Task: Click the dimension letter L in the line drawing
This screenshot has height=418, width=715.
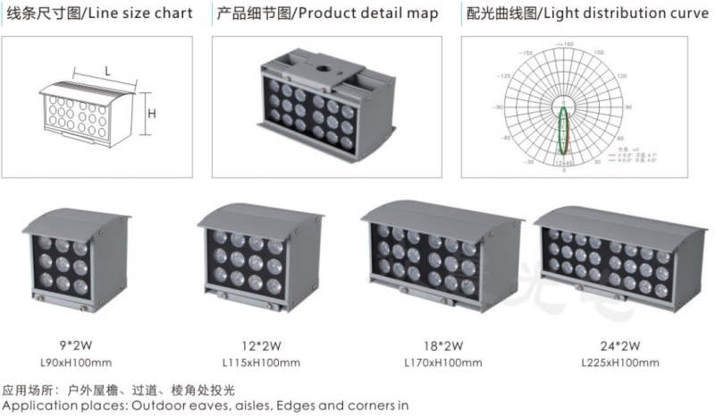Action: (x=107, y=71)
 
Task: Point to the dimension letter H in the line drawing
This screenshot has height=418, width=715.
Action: (x=152, y=114)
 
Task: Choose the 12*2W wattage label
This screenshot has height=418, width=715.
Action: (x=262, y=345)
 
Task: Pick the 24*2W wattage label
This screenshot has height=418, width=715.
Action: (x=619, y=345)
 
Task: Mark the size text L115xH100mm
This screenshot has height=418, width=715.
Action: (x=262, y=362)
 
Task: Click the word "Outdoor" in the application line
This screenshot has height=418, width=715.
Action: (x=159, y=405)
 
